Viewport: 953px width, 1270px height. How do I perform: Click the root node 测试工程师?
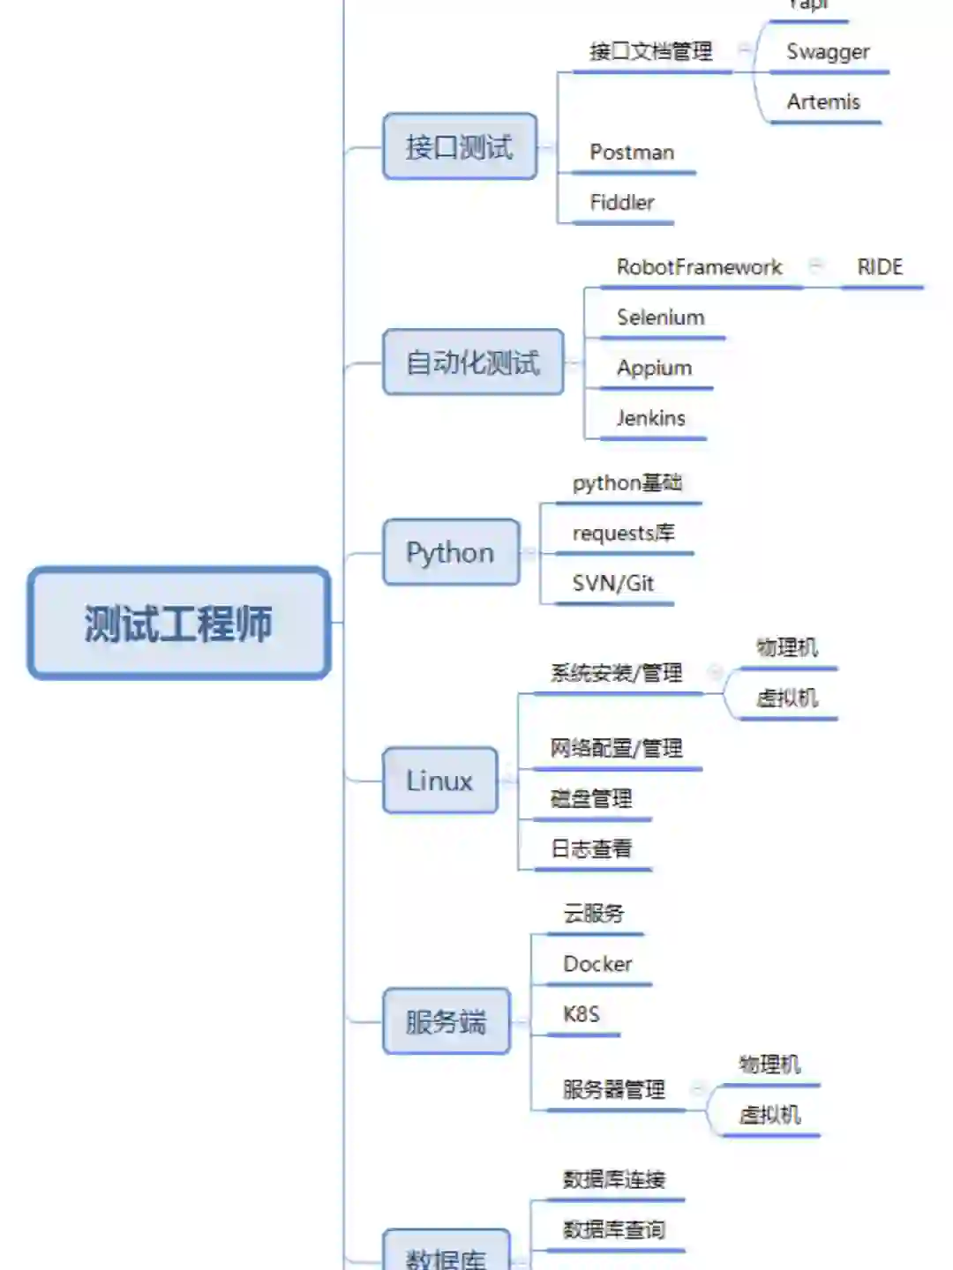[179, 624]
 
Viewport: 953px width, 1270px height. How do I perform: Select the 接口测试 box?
[460, 146]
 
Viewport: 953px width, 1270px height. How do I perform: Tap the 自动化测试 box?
[473, 362]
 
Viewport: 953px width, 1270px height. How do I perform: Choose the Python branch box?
[450, 552]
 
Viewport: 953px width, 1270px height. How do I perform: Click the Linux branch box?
[439, 781]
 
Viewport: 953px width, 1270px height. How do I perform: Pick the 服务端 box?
[446, 1021]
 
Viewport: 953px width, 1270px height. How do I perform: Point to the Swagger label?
[828, 52]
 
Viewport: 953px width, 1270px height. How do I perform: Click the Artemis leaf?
[823, 102]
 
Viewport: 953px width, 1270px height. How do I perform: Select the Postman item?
[632, 153]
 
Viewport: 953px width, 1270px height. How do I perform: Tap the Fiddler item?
[622, 203]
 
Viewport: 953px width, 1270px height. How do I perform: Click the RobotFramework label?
[699, 267]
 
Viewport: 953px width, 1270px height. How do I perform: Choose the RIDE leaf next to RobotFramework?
[880, 267]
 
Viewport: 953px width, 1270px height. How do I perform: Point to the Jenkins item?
[651, 418]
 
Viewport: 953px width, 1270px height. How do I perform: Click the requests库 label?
[623, 533]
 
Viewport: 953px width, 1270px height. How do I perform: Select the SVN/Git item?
[613, 583]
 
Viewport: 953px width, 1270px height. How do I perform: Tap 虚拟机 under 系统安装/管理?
[787, 698]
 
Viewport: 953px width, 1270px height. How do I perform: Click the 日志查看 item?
[591, 849]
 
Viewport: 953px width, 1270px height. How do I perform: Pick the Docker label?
[597, 964]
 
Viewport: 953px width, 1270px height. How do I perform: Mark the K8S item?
[582, 1014]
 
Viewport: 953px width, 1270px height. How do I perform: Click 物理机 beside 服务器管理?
[769, 1065]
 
